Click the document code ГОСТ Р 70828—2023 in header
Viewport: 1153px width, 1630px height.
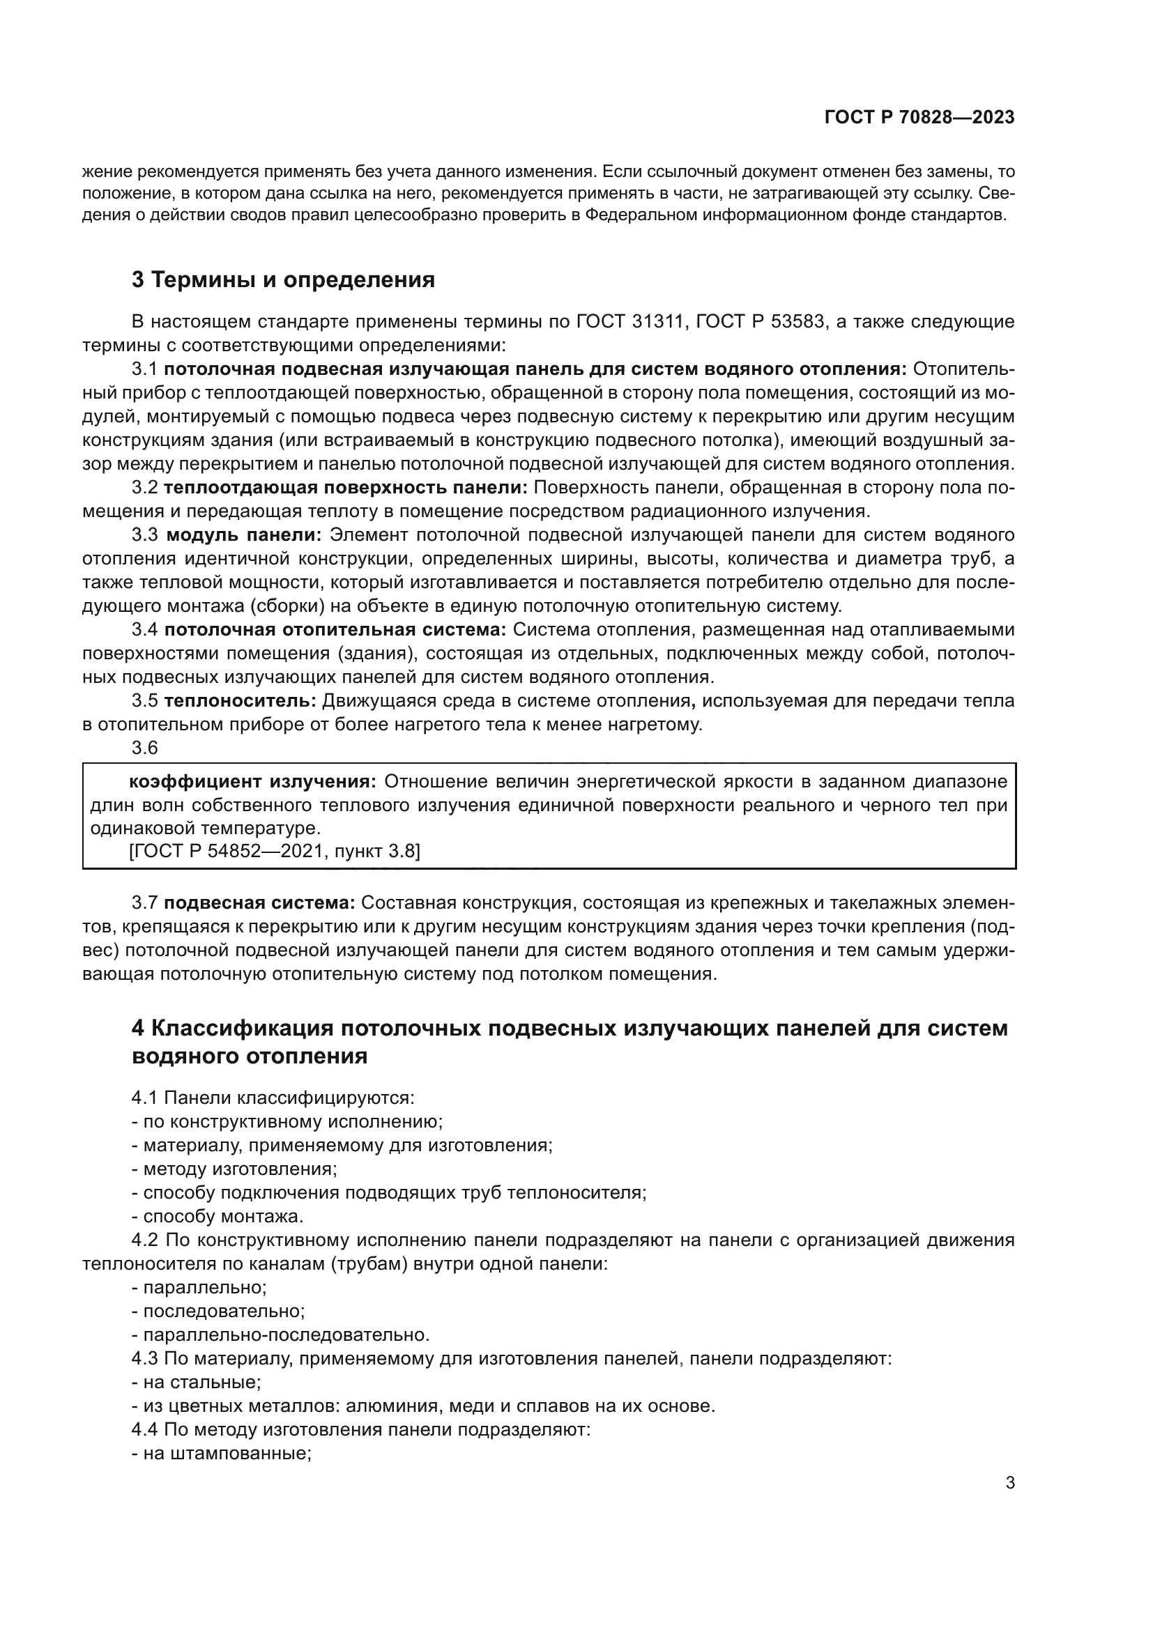point(919,118)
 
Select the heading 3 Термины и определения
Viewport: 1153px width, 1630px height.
point(282,279)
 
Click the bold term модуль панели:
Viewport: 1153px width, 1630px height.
point(243,535)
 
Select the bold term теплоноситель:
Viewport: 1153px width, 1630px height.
point(240,702)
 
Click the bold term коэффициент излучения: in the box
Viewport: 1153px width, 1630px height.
point(252,782)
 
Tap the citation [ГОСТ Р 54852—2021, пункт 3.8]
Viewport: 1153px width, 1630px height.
point(274,850)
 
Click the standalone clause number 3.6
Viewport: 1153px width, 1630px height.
point(145,748)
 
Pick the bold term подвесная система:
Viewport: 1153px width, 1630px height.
point(259,903)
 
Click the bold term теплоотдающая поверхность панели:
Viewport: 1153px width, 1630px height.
point(346,488)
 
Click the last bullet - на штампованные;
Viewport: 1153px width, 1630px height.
point(222,1453)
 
